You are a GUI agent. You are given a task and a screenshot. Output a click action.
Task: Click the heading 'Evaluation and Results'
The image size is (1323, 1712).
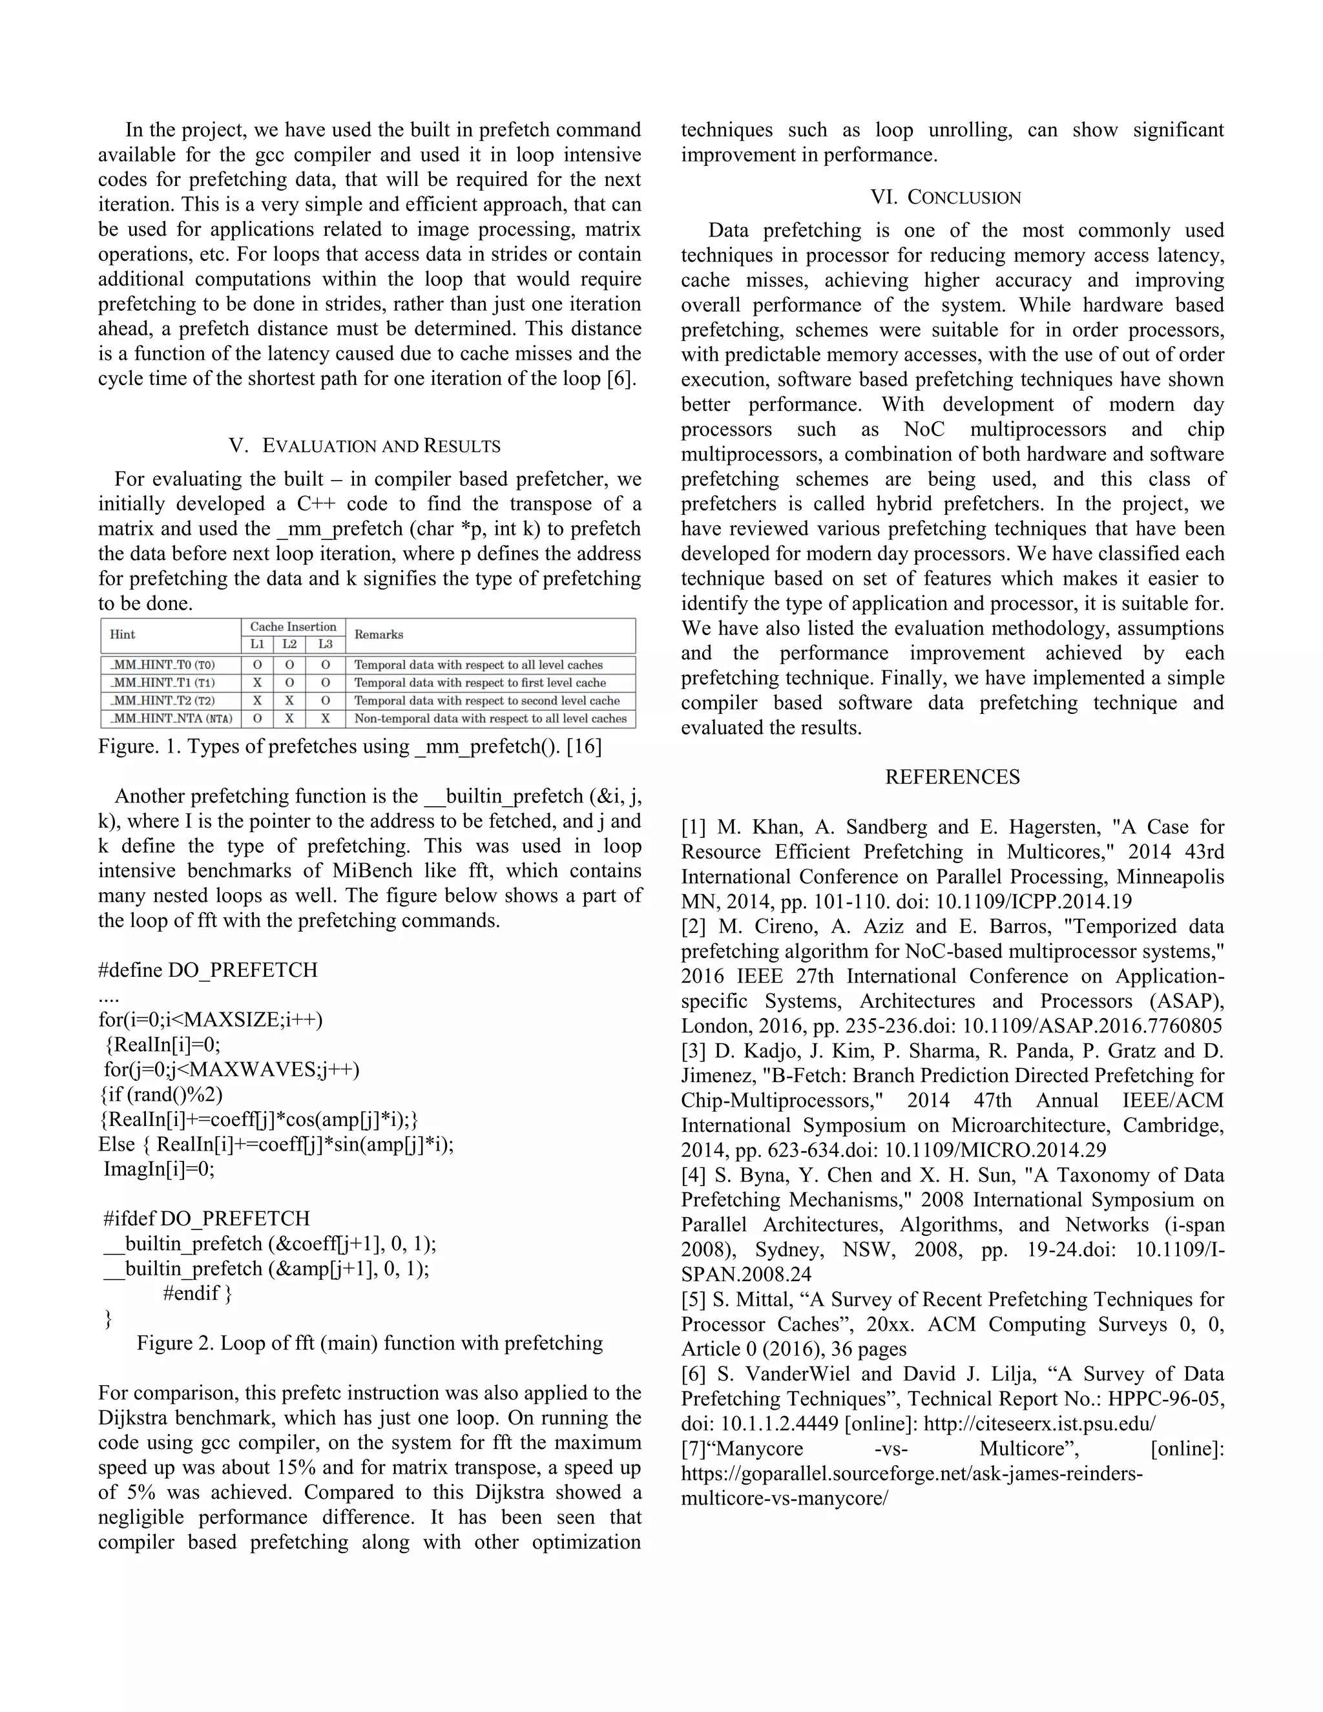[x=364, y=446]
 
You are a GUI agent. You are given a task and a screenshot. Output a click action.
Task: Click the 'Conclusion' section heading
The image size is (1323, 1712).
[x=946, y=198]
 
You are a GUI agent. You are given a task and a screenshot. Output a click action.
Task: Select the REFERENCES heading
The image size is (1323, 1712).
[x=952, y=777]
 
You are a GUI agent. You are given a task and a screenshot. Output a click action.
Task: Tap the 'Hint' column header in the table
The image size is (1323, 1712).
[x=123, y=635]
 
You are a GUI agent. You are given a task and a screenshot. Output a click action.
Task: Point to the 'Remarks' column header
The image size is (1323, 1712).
[x=379, y=635]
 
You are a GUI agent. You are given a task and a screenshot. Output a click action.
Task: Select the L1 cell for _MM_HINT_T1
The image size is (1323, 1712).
[x=257, y=683]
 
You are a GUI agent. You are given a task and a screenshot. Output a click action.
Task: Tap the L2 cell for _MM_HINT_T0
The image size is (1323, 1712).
[x=289, y=665]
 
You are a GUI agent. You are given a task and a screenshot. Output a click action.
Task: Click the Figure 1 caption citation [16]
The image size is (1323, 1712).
[x=584, y=746]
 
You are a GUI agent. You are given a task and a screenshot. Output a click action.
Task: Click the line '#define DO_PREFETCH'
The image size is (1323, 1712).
[x=208, y=970]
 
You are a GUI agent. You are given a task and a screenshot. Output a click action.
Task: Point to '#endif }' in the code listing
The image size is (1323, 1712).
[x=198, y=1293]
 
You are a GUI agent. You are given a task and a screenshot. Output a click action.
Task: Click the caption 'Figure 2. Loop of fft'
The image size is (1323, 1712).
[x=369, y=1344]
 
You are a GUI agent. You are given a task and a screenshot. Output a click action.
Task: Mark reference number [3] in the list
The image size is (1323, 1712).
[x=694, y=1051]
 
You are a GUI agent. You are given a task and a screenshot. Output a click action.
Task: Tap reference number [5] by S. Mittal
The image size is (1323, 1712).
[x=694, y=1300]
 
